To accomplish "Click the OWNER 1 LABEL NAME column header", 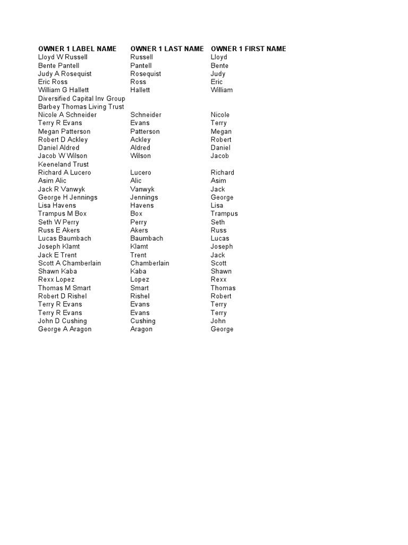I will [77, 49].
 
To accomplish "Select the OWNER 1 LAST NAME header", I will [167, 49].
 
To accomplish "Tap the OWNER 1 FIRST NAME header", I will [248, 49].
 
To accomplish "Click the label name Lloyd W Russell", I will [63, 57].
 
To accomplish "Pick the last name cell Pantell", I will [142, 65].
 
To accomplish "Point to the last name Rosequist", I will [146, 74].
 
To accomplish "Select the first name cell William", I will [222, 90].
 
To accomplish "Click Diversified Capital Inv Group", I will [82, 98].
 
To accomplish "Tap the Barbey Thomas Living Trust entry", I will [81, 106].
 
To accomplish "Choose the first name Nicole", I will [220, 115].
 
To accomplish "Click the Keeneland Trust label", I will [63, 164].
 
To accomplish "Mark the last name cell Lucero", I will [141, 172].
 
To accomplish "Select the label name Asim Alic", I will [53, 180].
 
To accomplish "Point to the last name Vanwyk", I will [142, 189].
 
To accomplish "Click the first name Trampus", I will [224, 213].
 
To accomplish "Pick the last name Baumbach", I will [147, 238].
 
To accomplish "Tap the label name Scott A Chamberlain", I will [70, 263].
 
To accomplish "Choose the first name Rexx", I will [218, 279].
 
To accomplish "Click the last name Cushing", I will [143, 321].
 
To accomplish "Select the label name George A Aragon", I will [65, 329].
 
